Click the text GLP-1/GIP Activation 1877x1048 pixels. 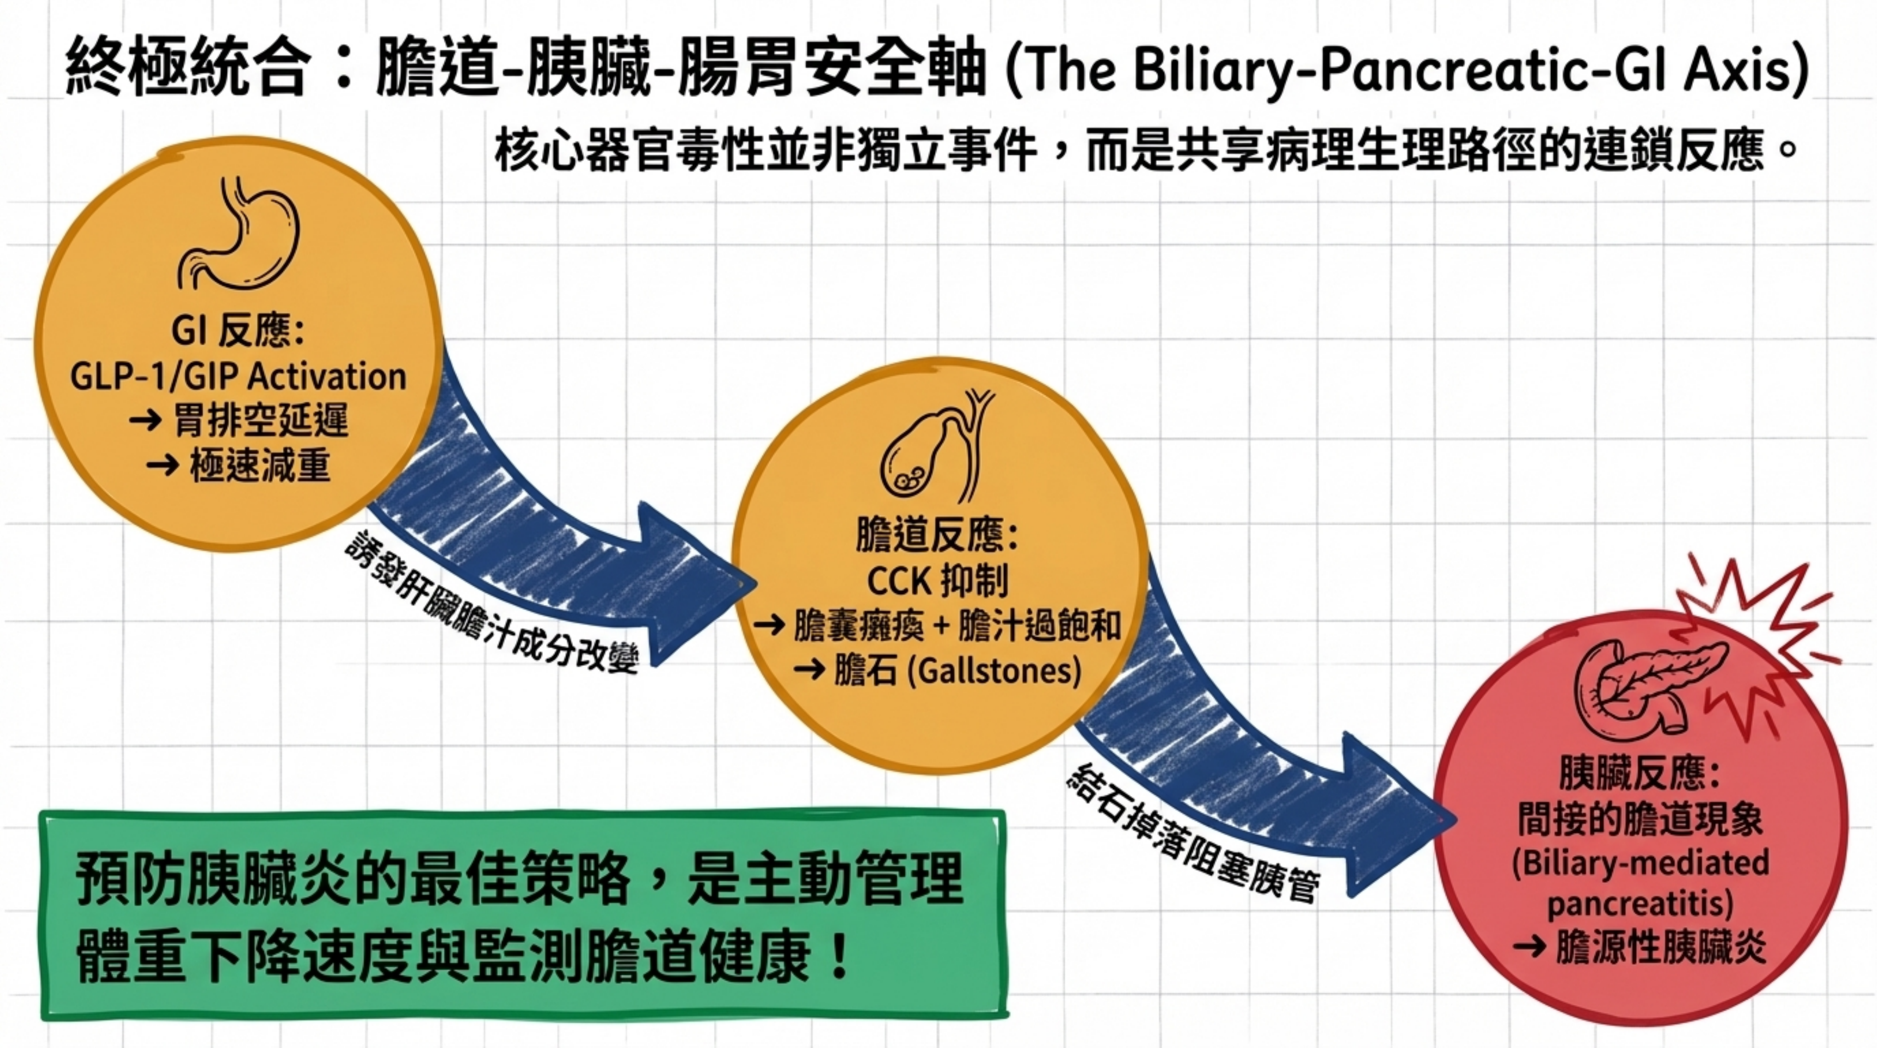[x=238, y=377]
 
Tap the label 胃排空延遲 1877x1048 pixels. [x=260, y=420]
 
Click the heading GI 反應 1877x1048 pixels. [x=238, y=330]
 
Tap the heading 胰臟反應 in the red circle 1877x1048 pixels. [x=1639, y=774]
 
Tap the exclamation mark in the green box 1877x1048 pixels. [x=840, y=957]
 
